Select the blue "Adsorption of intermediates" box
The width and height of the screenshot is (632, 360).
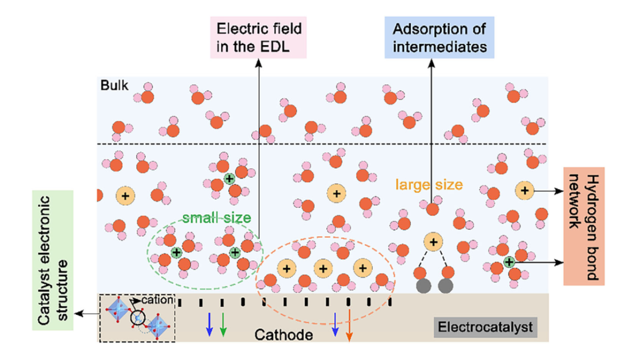click(432, 37)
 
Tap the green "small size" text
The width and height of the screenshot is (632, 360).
click(217, 218)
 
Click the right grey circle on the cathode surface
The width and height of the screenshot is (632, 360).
click(446, 286)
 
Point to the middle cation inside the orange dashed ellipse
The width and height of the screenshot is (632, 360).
click(323, 268)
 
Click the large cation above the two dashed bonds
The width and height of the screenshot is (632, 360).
click(433, 241)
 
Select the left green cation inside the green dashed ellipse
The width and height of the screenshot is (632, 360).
click(176, 252)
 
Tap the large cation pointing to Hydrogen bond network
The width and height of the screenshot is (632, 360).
click(524, 190)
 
